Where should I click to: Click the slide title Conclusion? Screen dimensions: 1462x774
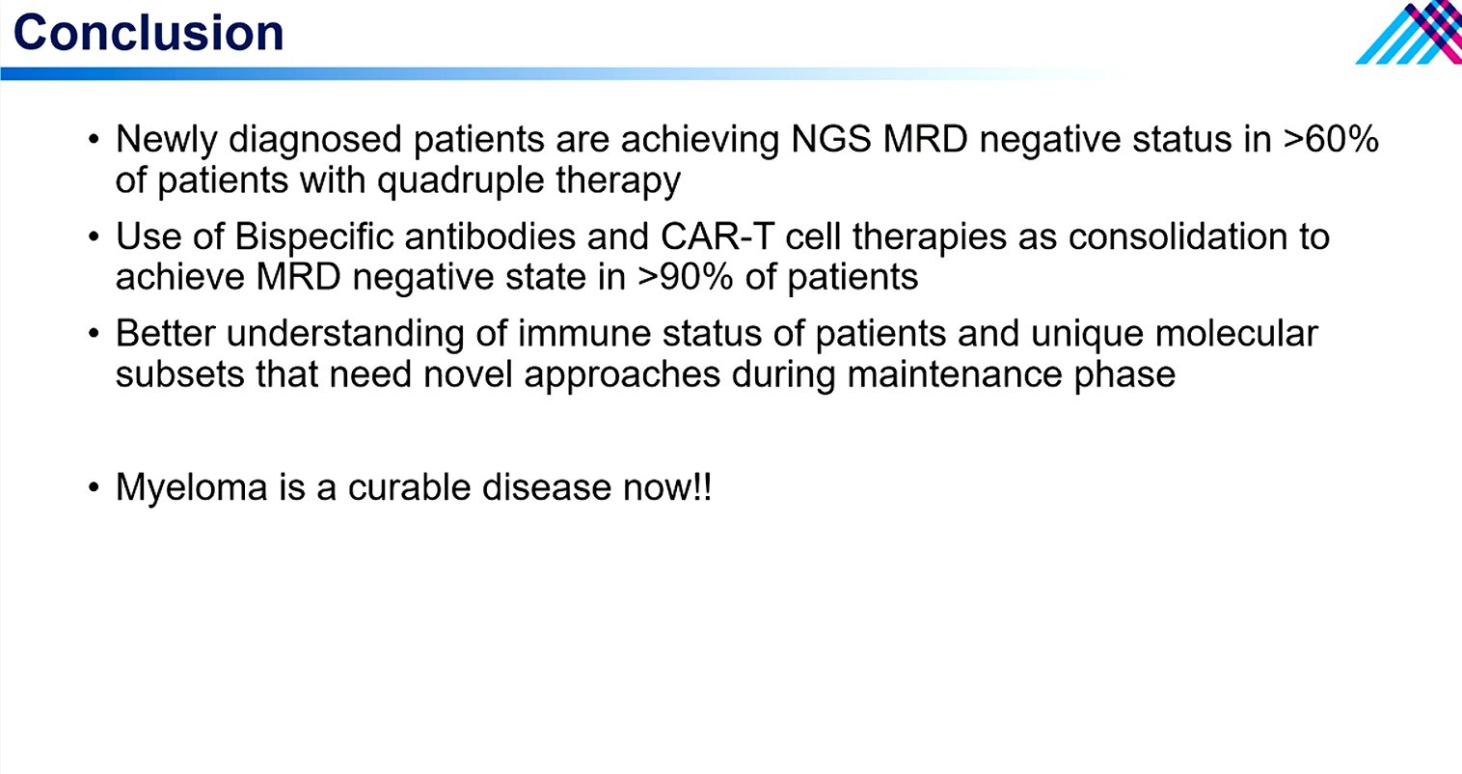click(x=149, y=32)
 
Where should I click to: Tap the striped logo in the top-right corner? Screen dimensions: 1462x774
click(x=1410, y=33)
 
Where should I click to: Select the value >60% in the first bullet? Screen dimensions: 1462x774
click(x=1331, y=139)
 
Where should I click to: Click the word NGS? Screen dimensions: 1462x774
click(x=831, y=139)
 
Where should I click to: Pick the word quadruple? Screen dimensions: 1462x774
click(x=461, y=180)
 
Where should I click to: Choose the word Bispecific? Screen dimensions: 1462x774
click(x=314, y=237)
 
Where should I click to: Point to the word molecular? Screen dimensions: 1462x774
click(x=1237, y=333)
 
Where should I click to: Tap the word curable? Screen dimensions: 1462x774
click(x=409, y=487)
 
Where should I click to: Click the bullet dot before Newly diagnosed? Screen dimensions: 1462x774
click(x=94, y=139)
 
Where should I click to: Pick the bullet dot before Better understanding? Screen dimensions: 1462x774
click(x=94, y=333)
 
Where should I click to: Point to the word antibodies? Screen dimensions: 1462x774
click(x=490, y=236)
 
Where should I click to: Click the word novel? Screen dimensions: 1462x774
click(x=468, y=374)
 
